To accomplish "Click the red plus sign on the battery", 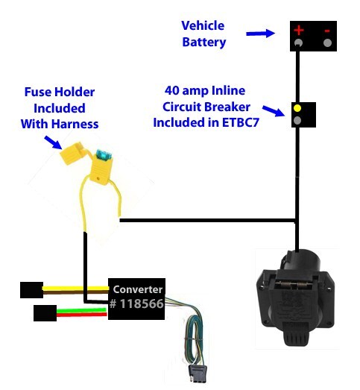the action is click(x=299, y=30).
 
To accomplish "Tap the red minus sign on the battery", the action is click(x=327, y=31).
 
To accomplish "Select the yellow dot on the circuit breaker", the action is click(x=297, y=108).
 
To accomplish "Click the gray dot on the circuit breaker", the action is click(x=297, y=120).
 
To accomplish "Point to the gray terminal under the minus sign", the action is click(x=327, y=43).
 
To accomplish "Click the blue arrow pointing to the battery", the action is click(x=261, y=34).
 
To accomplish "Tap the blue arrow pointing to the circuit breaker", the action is click(x=274, y=110).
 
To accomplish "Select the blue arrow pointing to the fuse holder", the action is click(x=53, y=142).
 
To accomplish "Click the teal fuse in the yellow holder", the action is click(x=104, y=154).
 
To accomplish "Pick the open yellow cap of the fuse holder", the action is click(x=72, y=153).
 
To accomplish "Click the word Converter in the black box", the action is click(x=137, y=289).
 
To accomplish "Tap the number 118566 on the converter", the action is click(x=142, y=303).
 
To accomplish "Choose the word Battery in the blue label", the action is click(x=204, y=43).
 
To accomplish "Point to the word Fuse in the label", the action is click(x=38, y=92).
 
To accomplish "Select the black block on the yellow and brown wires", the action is click(x=31, y=290).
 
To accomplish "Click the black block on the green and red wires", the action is click(x=45, y=313).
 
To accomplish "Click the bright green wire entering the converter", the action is click(x=82, y=310).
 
